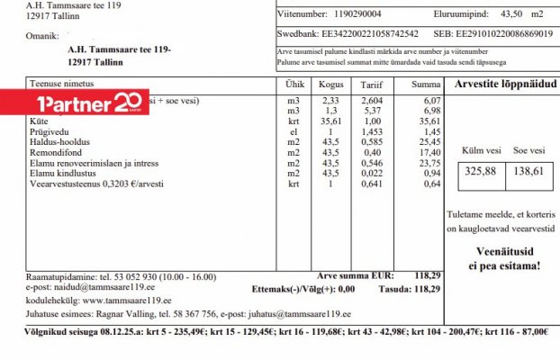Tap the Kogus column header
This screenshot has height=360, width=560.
pyautogui.click(x=330, y=84)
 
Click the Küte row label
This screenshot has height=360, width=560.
pyautogui.click(x=39, y=120)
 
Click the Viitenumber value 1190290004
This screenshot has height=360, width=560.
pyautogui.click(x=356, y=13)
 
